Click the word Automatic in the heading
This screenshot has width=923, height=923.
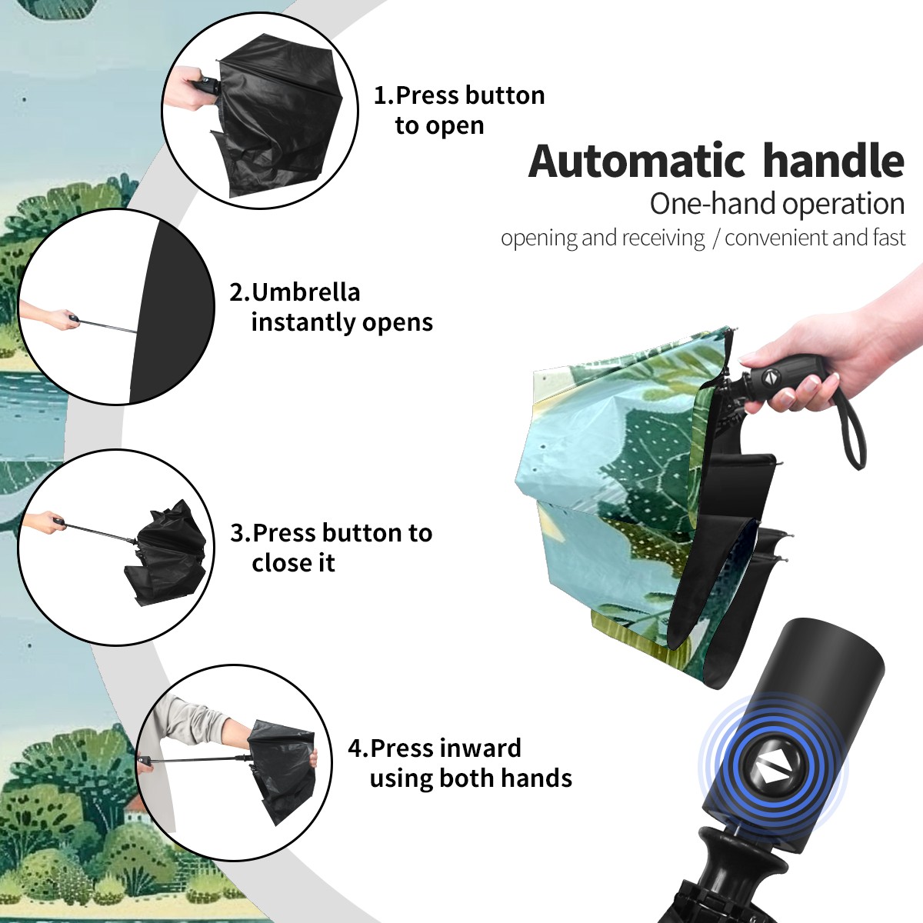(x=637, y=162)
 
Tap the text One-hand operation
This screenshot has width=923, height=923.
(x=777, y=204)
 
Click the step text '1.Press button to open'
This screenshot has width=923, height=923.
(x=459, y=110)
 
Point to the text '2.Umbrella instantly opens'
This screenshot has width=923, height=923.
(x=331, y=307)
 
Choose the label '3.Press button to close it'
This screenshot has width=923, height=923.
(x=331, y=548)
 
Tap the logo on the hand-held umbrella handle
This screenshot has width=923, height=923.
(x=770, y=376)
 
